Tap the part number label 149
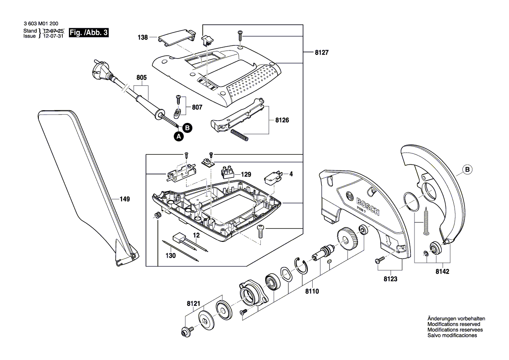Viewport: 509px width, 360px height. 125,199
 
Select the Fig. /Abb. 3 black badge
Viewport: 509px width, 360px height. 89,33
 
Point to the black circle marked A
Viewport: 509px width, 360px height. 178,136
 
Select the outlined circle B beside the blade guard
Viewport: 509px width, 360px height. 467,169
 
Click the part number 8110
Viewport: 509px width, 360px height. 312,291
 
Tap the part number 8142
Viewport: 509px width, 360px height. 442,271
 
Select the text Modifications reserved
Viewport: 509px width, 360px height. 454,324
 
